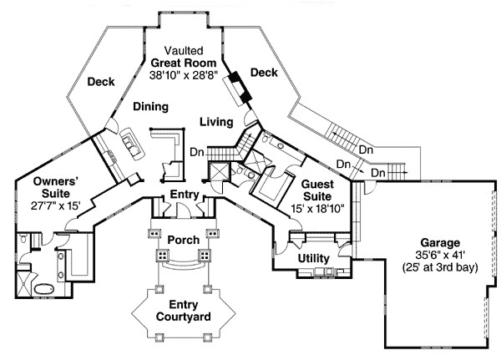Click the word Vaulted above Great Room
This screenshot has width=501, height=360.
point(183,50)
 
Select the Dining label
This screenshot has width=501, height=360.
point(151,107)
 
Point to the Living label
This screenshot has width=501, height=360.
point(215,123)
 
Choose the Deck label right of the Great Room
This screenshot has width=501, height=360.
point(263,74)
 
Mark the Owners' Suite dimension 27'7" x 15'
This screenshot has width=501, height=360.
point(56,205)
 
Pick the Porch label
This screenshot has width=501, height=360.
point(183,240)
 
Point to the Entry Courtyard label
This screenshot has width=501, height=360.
point(183,310)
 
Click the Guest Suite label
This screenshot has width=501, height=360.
point(318,190)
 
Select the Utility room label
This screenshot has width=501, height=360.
point(313,258)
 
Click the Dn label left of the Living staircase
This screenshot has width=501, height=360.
point(197,152)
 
